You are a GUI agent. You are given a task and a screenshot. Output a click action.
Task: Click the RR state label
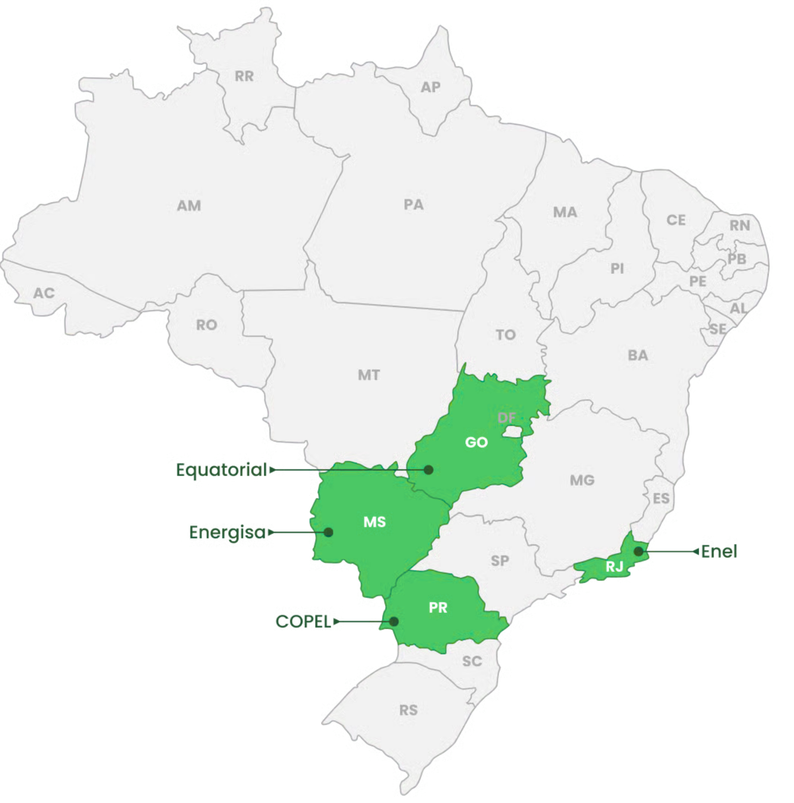(244, 76)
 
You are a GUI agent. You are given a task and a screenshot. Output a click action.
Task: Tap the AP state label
(430, 87)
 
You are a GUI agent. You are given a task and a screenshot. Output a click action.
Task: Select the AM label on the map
(189, 205)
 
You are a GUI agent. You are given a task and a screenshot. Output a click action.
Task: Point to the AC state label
(44, 293)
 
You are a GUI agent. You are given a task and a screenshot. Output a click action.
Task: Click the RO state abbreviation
(206, 325)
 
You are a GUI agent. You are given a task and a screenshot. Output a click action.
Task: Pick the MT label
(369, 375)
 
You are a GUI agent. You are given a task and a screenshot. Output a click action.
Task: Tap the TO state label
(506, 335)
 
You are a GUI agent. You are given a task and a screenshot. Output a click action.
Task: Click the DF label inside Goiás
(507, 418)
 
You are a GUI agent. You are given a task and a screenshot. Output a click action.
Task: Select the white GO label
(476, 442)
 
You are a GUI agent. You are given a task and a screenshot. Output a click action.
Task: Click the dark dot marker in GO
(429, 469)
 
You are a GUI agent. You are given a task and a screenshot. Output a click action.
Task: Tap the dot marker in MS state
(328, 532)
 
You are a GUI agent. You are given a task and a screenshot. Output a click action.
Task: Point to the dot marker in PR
(394, 621)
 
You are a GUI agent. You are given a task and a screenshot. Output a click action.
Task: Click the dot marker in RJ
(638, 551)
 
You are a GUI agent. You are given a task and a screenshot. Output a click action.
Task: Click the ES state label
(661, 498)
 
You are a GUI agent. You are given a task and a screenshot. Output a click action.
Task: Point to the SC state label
(472, 661)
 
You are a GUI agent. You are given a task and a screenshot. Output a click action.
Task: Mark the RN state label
(739, 225)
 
